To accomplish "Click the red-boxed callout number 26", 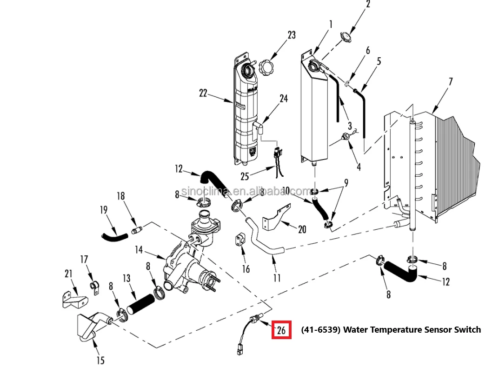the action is tap(281, 330).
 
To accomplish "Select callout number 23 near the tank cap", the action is tap(292, 35).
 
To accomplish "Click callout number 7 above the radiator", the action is tap(451, 81).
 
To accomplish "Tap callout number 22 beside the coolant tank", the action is tap(203, 93).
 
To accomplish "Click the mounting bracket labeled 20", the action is tap(276, 218).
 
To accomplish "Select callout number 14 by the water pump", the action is tap(139, 250).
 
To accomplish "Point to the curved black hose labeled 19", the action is tap(114, 237).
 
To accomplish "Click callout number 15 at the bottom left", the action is tap(100, 360).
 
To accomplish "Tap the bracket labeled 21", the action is tap(74, 300).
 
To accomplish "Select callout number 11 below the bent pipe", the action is tap(277, 278).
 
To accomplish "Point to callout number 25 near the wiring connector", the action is tap(245, 176).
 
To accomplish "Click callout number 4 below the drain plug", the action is tap(359, 167).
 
